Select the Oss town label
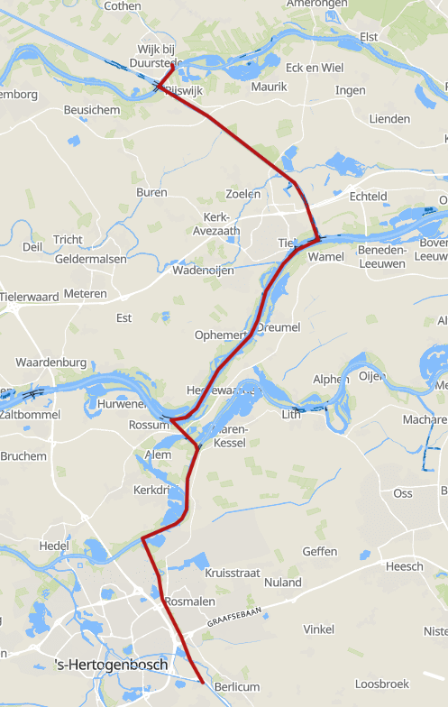pyautogui.click(x=402, y=493)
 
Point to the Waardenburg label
pyautogui.click(x=50, y=363)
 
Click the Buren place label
pyautogui.click(x=151, y=193)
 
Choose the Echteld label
pyautogui.click(x=368, y=197)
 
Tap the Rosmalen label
pyautogui.click(x=190, y=601)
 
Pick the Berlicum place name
pyautogui.click(x=237, y=687)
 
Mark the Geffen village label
pyautogui.click(x=320, y=551)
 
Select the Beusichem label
pyautogui.click(x=92, y=109)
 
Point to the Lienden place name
pyautogui.click(x=389, y=119)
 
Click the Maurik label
pyautogui.click(x=269, y=87)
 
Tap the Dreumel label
pyautogui.click(x=279, y=327)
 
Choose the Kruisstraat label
pyautogui.click(x=233, y=573)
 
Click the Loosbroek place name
pyautogui.click(x=382, y=684)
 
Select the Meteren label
pyautogui.click(x=85, y=294)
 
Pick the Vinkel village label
pyautogui.click(x=319, y=629)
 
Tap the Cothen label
pyautogui.click(x=123, y=5)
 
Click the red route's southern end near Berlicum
pyautogui.click(x=200, y=682)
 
